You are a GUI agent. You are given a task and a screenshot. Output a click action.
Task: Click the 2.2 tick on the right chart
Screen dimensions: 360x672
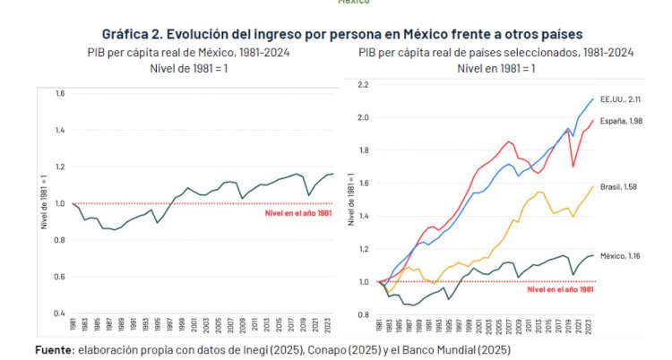[363, 85]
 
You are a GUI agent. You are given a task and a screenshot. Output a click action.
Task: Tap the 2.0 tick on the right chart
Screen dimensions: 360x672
[363, 117]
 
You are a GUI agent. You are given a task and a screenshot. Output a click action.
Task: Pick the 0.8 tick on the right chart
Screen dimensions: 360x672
[363, 314]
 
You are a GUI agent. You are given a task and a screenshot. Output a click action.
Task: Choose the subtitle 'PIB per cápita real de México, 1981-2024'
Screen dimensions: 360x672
[187, 53]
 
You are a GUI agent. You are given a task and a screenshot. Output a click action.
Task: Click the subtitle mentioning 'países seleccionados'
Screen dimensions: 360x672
[496, 53]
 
